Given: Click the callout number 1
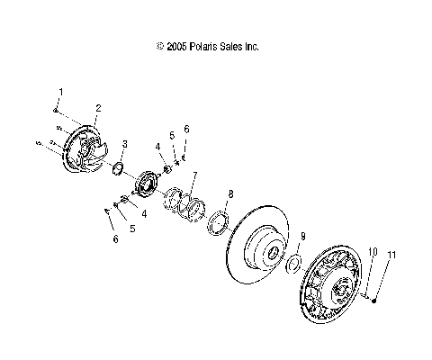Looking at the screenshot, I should pos(61,92).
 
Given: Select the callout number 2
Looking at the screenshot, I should pos(97,108).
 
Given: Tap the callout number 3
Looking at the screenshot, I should pos(124,143).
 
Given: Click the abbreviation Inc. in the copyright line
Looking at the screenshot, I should pos(249,46).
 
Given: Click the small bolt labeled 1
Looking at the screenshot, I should pos(55,110).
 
